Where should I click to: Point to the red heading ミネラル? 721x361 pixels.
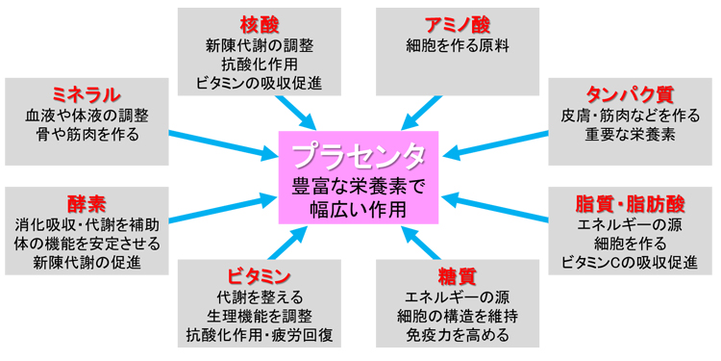click(x=87, y=93)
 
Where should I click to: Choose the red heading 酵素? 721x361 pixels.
click(x=87, y=203)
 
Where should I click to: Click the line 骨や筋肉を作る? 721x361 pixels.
click(x=87, y=135)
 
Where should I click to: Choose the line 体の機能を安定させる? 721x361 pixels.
click(x=87, y=244)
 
